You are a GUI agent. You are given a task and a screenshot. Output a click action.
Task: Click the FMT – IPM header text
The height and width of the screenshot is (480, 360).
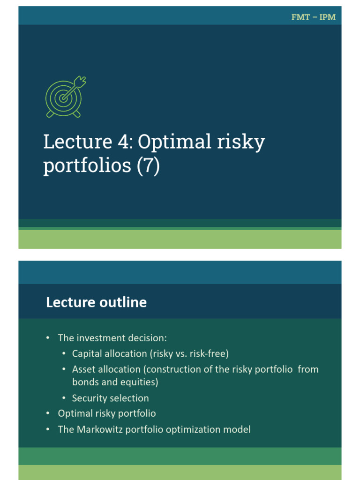pyautogui.click(x=313, y=17)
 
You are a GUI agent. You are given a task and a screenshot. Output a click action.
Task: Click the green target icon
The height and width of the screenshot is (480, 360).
pyautogui.click(x=64, y=97)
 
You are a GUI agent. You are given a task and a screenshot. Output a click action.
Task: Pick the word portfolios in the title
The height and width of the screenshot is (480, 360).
pyautogui.click(x=87, y=166)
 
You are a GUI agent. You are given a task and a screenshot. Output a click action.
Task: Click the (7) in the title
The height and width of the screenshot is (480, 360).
pyautogui.click(x=149, y=166)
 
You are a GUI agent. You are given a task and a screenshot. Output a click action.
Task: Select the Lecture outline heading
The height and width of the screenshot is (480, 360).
pyautogui.click(x=96, y=303)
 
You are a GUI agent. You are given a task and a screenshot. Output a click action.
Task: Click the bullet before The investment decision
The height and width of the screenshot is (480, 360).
pyautogui.click(x=47, y=338)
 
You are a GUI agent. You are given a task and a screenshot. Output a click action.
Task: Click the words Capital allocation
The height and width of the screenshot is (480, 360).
pyautogui.click(x=107, y=353)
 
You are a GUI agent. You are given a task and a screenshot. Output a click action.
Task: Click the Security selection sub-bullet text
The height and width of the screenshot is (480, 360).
pyautogui.click(x=110, y=398)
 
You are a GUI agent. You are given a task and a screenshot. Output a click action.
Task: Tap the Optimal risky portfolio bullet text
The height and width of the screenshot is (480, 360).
pyautogui.click(x=106, y=413)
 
